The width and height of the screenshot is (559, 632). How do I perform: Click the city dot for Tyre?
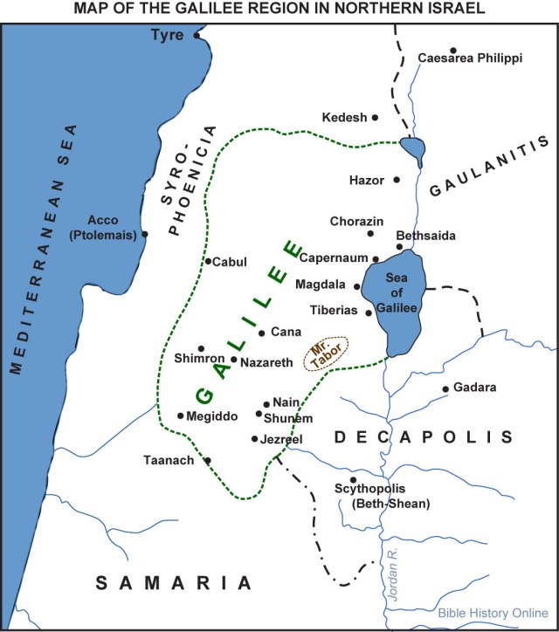pos(197,36)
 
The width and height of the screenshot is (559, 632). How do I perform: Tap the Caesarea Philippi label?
pos(470,58)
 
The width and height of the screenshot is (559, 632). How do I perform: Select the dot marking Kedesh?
pos(376,117)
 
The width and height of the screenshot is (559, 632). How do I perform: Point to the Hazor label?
pos(366,180)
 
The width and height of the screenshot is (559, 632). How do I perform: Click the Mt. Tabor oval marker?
pos(326,354)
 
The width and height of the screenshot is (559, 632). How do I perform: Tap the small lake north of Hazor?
pos(413,150)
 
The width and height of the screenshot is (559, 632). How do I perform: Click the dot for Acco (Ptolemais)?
pos(145,234)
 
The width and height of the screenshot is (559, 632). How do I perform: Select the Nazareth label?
pos(268,360)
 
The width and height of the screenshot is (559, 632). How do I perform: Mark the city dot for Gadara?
pos(445,388)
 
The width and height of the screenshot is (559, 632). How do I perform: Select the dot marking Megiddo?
pos(180,416)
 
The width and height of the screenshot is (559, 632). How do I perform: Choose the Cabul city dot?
pos(208,261)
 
